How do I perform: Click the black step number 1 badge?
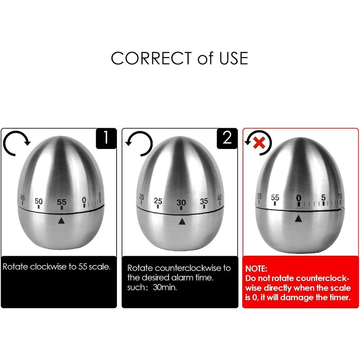pos(106,138)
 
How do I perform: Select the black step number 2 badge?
pos(227,138)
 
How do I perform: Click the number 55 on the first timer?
pos(61,202)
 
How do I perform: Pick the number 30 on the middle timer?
pos(181,202)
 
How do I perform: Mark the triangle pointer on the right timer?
pos(298,218)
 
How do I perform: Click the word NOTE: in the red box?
pos(256,268)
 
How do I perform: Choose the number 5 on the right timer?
pos(323,197)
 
